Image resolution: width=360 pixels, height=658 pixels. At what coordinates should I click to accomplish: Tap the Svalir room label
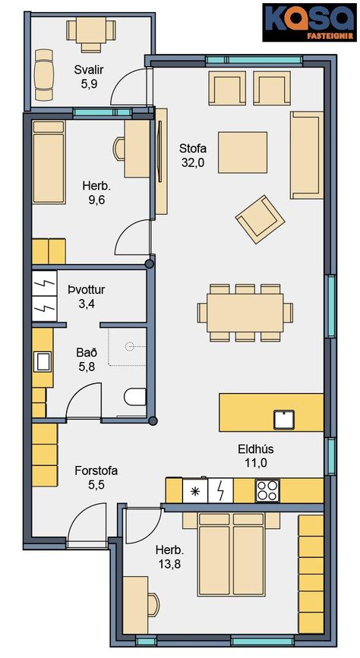[89, 70]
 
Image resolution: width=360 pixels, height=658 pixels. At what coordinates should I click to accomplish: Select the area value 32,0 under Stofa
[193, 163]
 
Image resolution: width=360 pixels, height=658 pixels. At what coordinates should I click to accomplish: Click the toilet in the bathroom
[135, 397]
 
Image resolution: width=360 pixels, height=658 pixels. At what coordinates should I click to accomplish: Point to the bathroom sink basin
[43, 361]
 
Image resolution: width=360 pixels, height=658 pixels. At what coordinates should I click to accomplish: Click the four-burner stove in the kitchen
[267, 490]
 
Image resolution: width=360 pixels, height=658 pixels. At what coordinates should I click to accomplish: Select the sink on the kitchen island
[284, 419]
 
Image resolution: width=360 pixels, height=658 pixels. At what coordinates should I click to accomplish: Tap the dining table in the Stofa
[245, 313]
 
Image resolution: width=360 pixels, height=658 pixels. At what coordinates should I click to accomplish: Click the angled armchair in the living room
[260, 219]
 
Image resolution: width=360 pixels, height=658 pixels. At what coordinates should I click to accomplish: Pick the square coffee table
[243, 153]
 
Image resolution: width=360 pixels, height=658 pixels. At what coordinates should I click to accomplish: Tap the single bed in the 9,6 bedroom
[49, 162]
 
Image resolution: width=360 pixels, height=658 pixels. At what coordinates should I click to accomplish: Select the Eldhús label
[255, 449]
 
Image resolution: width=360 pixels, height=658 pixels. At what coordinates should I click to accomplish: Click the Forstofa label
[96, 471]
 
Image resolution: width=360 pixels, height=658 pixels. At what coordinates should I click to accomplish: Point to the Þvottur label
[87, 290]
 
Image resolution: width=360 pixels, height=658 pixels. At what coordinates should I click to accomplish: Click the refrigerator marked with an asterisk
[195, 491]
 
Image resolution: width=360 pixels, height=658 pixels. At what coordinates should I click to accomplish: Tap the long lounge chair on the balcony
[44, 75]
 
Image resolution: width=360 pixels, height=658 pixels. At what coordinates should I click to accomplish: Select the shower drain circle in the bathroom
[129, 347]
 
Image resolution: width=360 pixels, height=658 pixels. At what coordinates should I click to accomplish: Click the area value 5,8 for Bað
[87, 367]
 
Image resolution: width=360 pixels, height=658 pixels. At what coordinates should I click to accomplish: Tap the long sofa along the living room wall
[307, 155]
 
